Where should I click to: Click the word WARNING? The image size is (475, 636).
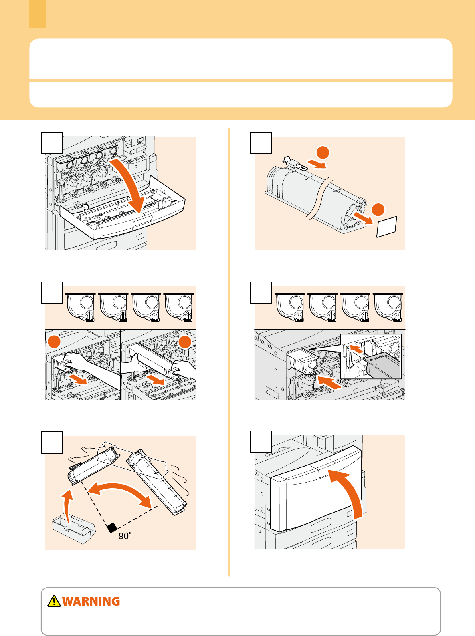point(91,602)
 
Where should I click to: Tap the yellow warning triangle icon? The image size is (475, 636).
point(54,601)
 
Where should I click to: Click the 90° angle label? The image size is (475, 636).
point(125,536)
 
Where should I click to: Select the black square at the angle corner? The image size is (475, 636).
point(112,528)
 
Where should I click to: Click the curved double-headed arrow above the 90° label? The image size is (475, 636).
point(119,487)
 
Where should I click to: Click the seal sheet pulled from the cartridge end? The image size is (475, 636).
point(387,227)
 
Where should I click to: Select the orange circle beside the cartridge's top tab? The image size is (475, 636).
point(323,153)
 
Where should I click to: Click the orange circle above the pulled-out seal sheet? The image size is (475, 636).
point(378,210)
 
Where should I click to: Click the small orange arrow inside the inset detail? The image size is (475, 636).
point(356,348)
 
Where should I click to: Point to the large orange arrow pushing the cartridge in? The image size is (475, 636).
point(329,382)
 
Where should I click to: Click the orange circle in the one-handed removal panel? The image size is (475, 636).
point(54,342)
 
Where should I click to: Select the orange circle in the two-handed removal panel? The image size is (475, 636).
point(185,342)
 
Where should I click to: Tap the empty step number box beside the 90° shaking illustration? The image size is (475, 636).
point(52,443)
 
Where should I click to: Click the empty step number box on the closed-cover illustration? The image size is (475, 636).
point(261,442)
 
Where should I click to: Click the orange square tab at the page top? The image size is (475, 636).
point(38,14)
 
